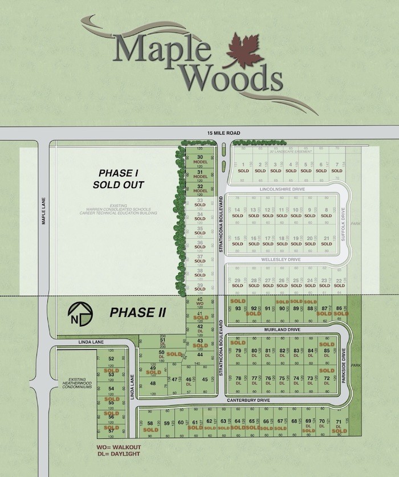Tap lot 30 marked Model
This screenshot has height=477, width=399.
point(200,160)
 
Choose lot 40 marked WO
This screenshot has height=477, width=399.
point(199,301)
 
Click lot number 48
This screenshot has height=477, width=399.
point(153,383)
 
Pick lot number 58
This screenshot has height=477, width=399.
point(150,424)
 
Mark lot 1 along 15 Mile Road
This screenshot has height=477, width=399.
point(243,168)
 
